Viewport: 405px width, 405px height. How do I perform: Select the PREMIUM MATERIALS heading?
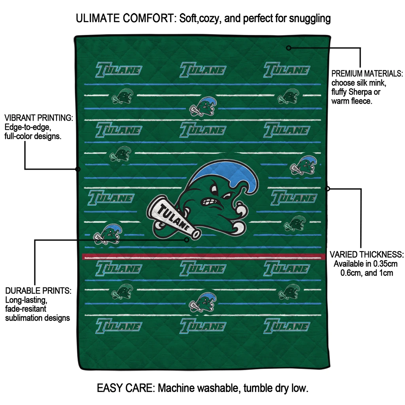click(367, 74)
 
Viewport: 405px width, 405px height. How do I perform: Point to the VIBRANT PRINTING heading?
click(38, 118)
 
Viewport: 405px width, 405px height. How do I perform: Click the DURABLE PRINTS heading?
click(38, 291)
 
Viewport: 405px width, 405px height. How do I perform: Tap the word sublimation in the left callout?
click(23, 318)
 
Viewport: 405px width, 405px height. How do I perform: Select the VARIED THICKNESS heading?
click(367, 255)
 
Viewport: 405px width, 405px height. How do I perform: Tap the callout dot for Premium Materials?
click(289, 48)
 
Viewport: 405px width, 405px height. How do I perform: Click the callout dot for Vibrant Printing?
click(78, 169)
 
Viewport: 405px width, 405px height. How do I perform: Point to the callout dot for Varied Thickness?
click(327, 189)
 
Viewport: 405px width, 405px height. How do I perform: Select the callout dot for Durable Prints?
click(187, 239)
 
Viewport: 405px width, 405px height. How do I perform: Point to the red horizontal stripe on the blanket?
click(202, 257)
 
